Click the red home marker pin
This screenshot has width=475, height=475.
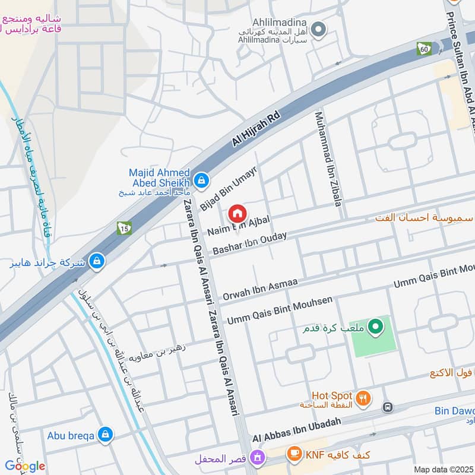click(237, 213)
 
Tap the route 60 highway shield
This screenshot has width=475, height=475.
click(424, 48)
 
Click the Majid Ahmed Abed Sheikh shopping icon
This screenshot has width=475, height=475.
click(202, 179)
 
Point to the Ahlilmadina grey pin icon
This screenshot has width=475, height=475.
click(319, 28)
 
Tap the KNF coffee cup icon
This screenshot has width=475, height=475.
click(293, 454)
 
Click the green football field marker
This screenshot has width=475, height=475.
click(375, 326)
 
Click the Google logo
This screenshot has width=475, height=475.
click(25, 465)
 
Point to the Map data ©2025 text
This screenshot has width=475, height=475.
click(442, 469)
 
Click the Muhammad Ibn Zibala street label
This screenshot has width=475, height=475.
click(328, 159)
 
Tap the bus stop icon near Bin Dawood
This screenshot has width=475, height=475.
click(388, 407)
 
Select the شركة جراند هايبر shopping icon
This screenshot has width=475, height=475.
click(97, 261)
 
